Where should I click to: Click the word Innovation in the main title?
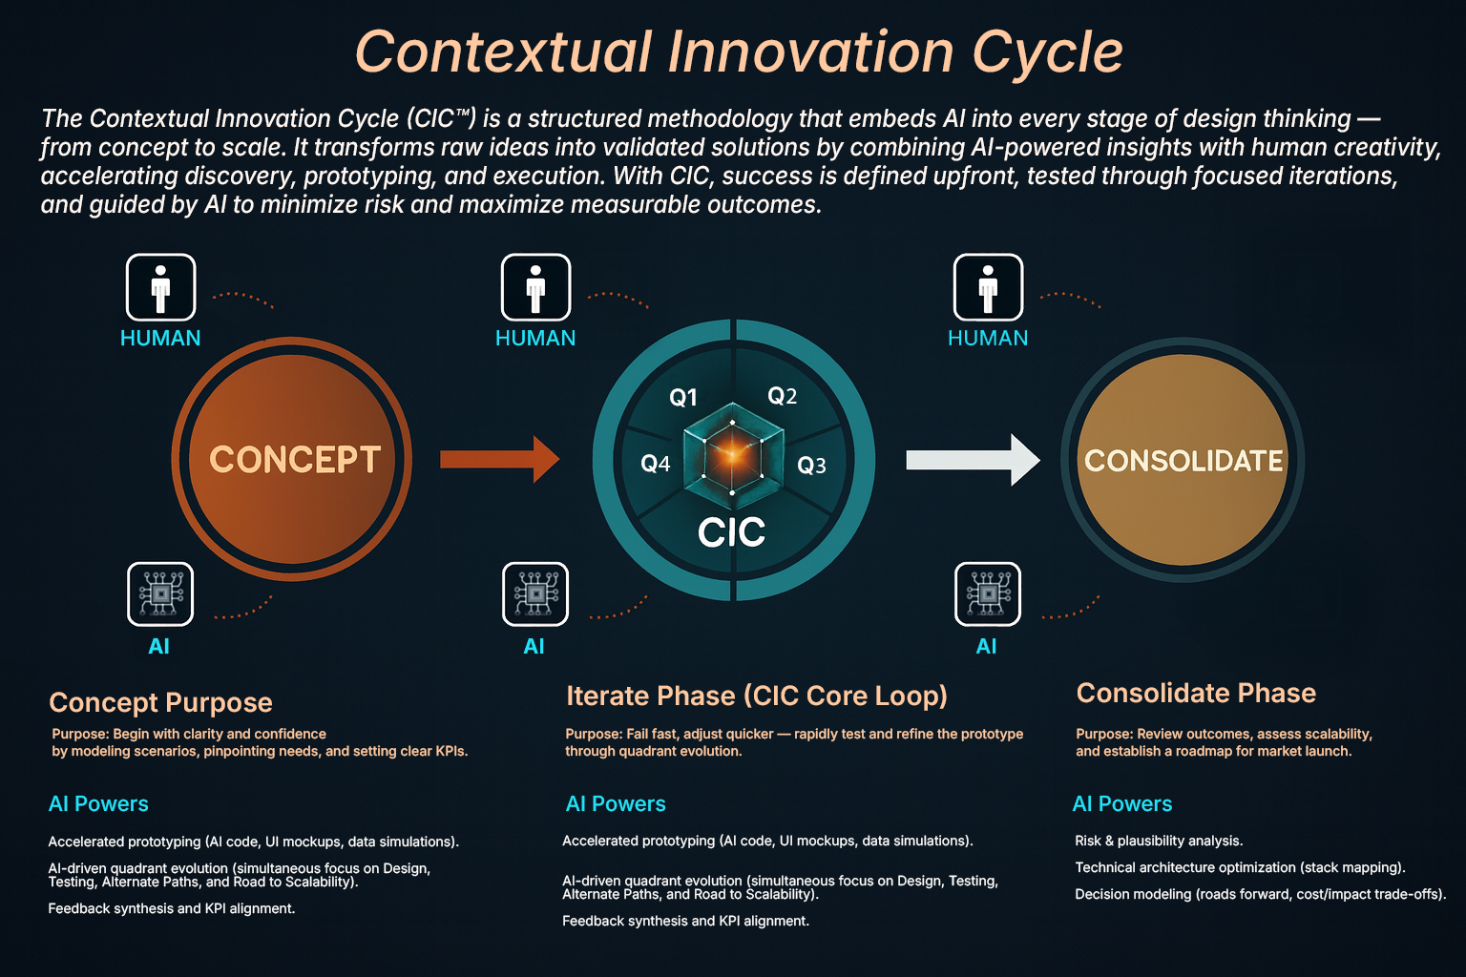tap(810, 52)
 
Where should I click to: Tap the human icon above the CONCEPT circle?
tap(161, 287)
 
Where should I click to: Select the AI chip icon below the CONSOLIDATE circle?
tap(988, 594)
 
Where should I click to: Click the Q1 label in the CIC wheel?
tap(683, 397)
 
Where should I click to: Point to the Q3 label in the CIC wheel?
tap(811, 466)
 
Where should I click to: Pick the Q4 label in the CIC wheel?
tap(655, 464)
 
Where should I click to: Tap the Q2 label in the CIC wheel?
tap(782, 395)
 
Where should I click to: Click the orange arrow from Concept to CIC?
tap(500, 459)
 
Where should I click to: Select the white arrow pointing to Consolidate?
tap(974, 460)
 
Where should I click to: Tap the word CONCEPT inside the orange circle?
tap(295, 459)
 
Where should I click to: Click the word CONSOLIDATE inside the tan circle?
tap(1183, 461)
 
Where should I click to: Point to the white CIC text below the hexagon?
tap(732, 532)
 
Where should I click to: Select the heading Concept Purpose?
tap(160, 702)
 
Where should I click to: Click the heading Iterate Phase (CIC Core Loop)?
tap(757, 696)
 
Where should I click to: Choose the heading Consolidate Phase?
tap(1196, 693)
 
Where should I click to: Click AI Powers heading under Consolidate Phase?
tap(1121, 803)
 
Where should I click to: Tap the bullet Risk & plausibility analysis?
tap(1159, 841)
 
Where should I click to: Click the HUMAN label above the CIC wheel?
tap(535, 339)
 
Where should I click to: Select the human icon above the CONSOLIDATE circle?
tap(988, 287)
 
